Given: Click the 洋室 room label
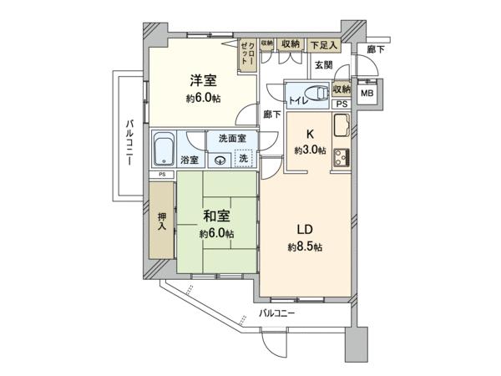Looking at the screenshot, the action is (x=203, y=80).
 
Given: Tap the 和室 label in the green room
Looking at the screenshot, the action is (x=216, y=216).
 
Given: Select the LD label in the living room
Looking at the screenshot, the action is (x=305, y=230).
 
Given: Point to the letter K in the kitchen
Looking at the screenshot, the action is (x=310, y=135).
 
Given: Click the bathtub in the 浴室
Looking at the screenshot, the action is (x=164, y=149).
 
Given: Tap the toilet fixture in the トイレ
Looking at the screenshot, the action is (x=316, y=94).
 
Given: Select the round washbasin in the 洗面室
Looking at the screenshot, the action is (x=220, y=160).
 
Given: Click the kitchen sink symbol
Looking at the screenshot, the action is (x=342, y=125).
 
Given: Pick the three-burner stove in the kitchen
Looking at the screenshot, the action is (x=342, y=158).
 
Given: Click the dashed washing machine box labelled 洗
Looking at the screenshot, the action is (x=244, y=158).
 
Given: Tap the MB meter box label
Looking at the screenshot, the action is (x=367, y=94).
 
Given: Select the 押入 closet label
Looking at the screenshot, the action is (x=162, y=221).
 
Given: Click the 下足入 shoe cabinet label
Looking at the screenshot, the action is (x=324, y=45).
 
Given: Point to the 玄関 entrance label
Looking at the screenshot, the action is (x=324, y=65).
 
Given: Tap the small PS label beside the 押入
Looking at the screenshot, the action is (x=162, y=175).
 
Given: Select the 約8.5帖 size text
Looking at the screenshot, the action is (x=305, y=246).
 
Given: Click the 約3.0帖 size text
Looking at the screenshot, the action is (x=310, y=150).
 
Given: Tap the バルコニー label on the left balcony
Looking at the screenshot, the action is (x=129, y=142).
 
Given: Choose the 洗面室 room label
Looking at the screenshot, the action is (x=232, y=139).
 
